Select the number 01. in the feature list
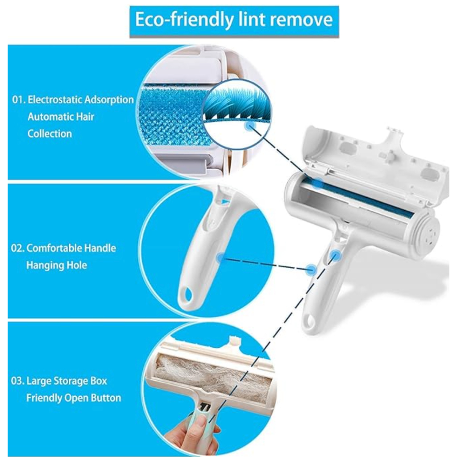(19, 100)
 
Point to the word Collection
(50, 134)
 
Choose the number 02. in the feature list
(17, 248)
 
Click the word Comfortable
(50, 248)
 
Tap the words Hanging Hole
(57, 265)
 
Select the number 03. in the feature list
(17, 381)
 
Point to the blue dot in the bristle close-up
(250, 125)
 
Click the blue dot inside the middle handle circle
(221, 258)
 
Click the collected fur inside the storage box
(213, 376)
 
